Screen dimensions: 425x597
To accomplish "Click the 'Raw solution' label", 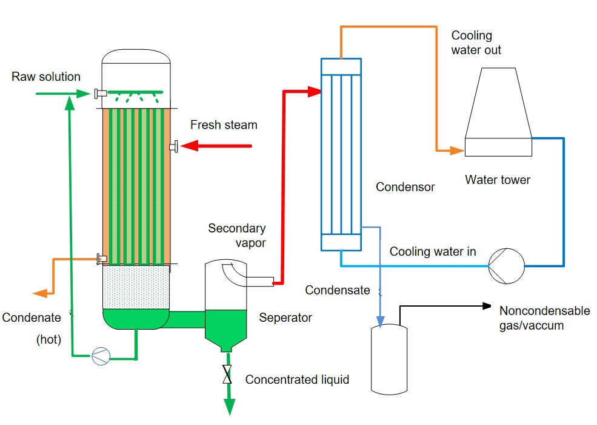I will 46,77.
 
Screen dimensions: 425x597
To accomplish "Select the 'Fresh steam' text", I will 224,125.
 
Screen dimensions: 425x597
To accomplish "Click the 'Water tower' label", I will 498,180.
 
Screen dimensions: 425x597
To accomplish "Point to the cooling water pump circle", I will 506,266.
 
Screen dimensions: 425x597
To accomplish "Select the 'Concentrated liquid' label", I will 297,380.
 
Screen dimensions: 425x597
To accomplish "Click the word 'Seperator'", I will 285,318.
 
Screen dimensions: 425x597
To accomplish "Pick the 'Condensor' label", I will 405,187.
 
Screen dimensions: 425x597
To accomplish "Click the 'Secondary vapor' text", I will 237,235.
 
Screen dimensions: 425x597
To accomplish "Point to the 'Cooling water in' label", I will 433,251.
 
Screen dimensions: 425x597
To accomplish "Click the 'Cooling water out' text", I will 476,42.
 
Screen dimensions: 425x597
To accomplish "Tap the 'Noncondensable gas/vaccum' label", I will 544,318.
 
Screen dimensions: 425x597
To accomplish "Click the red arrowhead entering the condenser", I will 314,92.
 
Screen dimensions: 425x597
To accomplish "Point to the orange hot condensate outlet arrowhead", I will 40,293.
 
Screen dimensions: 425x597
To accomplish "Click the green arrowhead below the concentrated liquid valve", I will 229,408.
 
